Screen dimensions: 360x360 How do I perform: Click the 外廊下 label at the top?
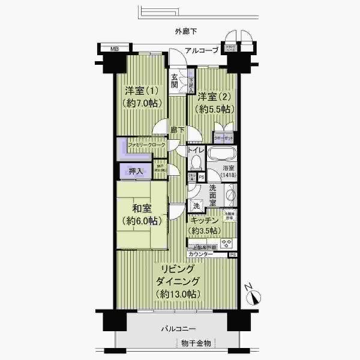[x=185, y=31]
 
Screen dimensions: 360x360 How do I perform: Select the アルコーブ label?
[x=202, y=51]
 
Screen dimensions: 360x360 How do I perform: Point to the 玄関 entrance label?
[x=175, y=80]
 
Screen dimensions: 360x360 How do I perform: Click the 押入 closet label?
[x=136, y=172]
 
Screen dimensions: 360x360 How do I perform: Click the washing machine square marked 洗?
[x=197, y=206]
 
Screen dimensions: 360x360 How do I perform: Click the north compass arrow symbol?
[x=254, y=296]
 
